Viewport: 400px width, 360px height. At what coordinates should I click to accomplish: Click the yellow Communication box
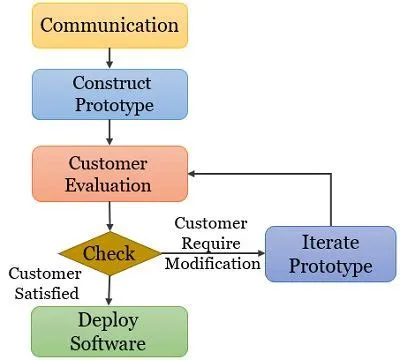[x=109, y=25]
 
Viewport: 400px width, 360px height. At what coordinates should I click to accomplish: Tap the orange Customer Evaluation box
[x=109, y=173]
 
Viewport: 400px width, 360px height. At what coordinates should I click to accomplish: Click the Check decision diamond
[x=109, y=253]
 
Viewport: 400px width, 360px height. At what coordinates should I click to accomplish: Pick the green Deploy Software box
[x=109, y=331]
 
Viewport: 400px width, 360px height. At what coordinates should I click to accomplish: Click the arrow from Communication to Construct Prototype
[x=109, y=59]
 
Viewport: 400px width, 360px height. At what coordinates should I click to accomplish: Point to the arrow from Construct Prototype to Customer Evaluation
[x=109, y=133]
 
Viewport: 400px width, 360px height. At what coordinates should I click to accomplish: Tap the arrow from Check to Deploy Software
[x=109, y=289]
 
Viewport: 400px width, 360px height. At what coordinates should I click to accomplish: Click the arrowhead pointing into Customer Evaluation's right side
[x=196, y=173]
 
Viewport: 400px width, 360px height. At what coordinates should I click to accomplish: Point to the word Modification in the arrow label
[x=213, y=264]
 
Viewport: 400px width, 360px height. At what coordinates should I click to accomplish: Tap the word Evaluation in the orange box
[x=109, y=184]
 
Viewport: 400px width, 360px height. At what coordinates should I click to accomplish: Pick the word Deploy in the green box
[x=109, y=320]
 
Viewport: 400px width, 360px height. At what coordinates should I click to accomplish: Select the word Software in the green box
[x=109, y=343]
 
